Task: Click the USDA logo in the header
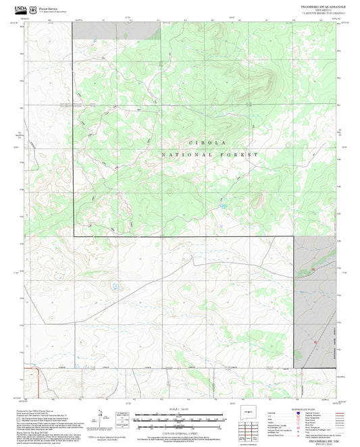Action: pyautogui.click(x=21, y=9)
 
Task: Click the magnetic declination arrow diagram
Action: pyautogui.click(x=101, y=418)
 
